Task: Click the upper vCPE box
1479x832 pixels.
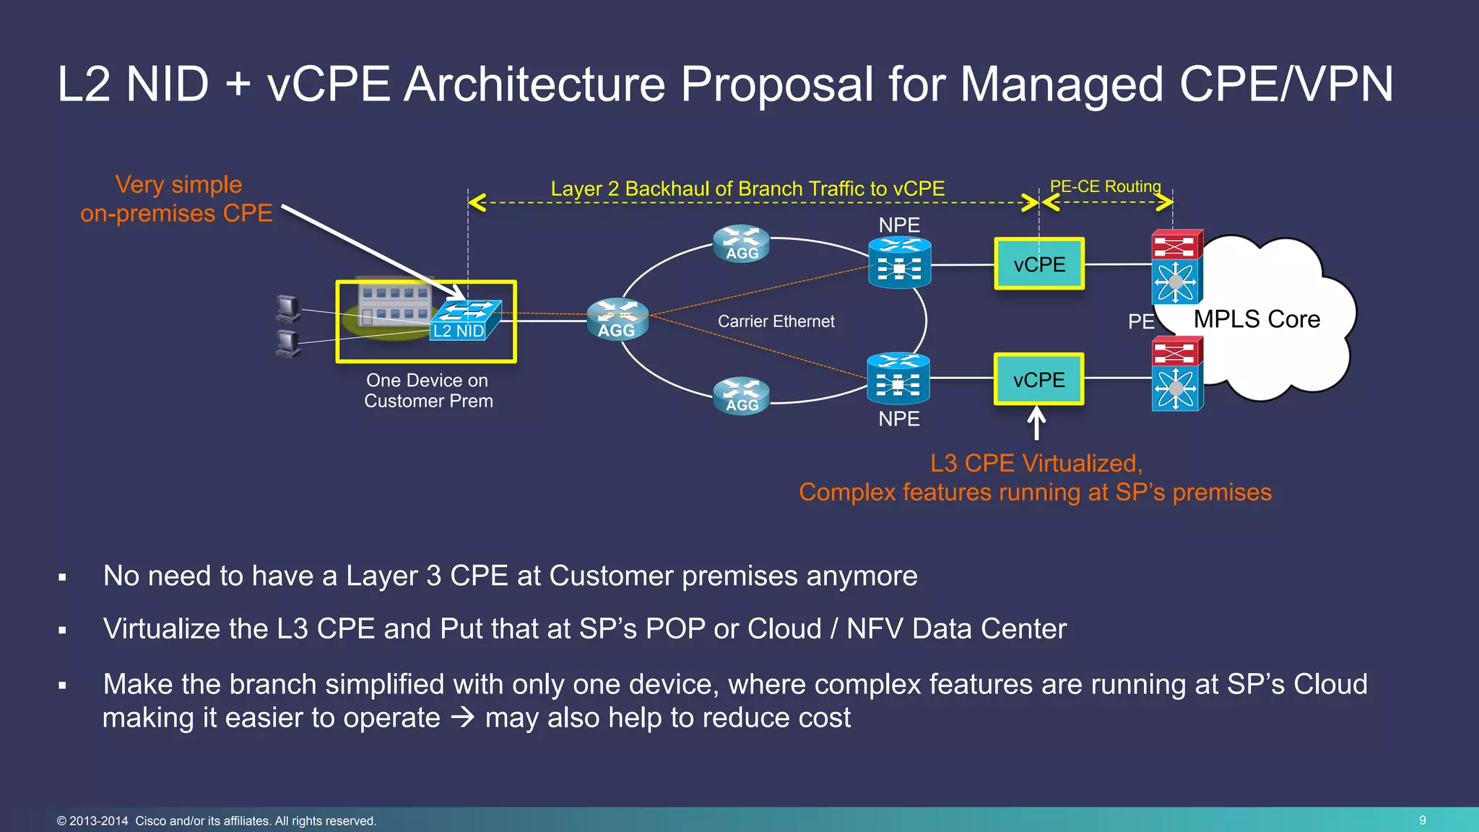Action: pyautogui.click(x=1039, y=264)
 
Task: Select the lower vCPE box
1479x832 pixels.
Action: pyautogui.click(x=1038, y=380)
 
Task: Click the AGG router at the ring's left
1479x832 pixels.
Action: pyautogui.click(x=617, y=319)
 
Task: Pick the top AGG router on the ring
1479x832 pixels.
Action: pyautogui.click(x=742, y=244)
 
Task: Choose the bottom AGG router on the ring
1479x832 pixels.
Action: pyautogui.click(x=742, y=396)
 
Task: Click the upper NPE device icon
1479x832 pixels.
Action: pyautogui.click(x=899, y=263)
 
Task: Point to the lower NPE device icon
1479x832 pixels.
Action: pyautogui.click(x=898, y=378)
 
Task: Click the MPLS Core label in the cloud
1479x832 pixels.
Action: pyautogui.click(x=1257, y=319)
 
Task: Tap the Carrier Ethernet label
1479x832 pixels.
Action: pyautogui.click(x=776, y=321)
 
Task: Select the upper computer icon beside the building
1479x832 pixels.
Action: pyautogui.click(x=288, y=308)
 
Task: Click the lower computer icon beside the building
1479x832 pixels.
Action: pyautogui.click(x=288, y=343)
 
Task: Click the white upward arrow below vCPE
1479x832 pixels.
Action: pyautogui.click(x=1036, y=424)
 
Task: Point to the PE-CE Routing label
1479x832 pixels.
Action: pyautogui.click(x=1105, y=186)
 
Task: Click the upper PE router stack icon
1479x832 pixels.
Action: pyautogui.click(x=1176, y=266)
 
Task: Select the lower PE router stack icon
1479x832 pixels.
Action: pyautogui.click(x=1176, y=374)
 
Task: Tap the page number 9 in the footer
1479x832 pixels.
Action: pyautogui.click(x=1422, y=820)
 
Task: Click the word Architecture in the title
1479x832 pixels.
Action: pyautogui.click(x=534, y=85)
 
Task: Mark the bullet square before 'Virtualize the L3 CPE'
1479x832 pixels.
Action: pyautogui.click(x=63, y=630)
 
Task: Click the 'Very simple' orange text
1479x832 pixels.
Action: pyautogui.click(x=178, y=185)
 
